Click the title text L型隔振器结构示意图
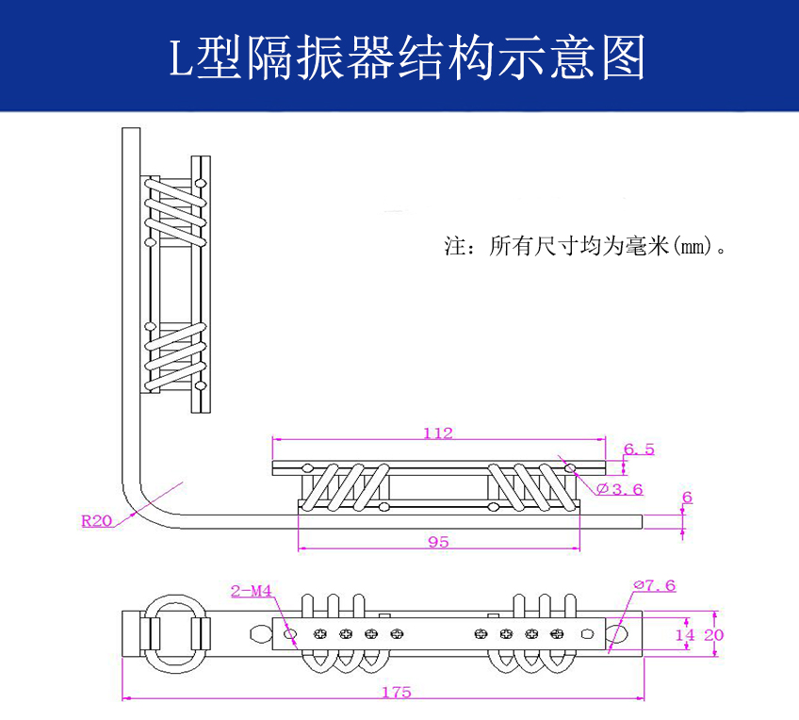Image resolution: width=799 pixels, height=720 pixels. pos(407,57)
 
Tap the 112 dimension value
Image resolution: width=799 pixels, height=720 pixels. pos(438,434)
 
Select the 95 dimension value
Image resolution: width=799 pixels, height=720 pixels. pos(438,542)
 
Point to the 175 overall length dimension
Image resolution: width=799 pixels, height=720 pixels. pos(397,692)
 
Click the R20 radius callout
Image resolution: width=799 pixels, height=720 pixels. pos(96,519)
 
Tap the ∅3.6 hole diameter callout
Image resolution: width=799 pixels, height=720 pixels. pos(620,488)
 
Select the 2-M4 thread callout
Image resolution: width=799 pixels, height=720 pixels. pos(251,592)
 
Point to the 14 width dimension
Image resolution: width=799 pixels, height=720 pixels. pos(685,635)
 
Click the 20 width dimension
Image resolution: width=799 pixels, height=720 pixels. pos(713,635)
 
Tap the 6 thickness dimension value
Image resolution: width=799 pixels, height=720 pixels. pos(688,498)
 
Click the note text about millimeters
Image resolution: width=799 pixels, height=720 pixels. pos(589,247)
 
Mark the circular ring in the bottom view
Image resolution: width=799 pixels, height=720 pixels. pos(174,630)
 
